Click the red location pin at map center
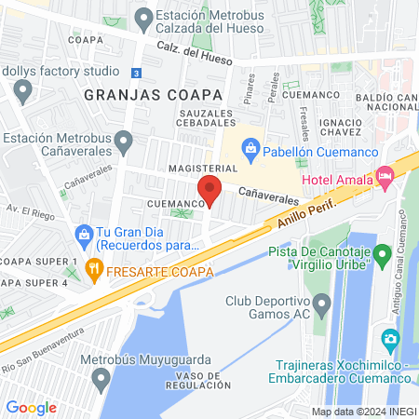coord(209,193)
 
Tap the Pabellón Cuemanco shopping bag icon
coord(250,147)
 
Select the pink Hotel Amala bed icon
coord(385,175)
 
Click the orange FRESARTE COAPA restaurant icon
coord(93,271)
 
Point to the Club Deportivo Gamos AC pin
coord(322,304)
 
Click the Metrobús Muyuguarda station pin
coord(102,377)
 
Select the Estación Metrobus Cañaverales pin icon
coord(125,139)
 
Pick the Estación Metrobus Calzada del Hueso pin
coord(142,18)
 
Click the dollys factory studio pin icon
coord(22,89)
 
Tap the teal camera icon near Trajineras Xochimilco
coord(390,337)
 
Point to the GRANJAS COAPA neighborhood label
coord(153,95)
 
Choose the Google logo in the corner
coord(31,408)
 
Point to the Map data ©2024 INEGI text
coord(363,412)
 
